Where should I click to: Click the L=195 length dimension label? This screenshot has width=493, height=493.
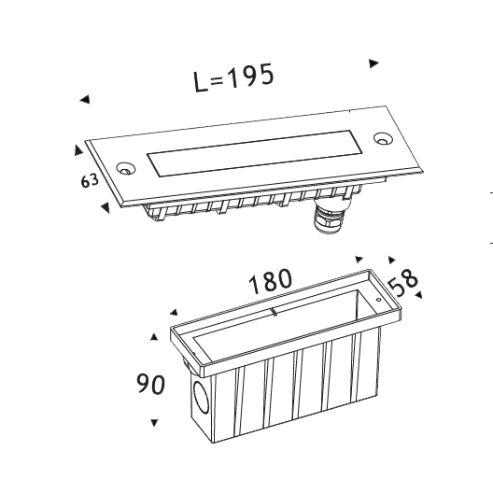(x=233, y=78)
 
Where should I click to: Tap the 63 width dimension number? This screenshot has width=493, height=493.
(x=90, y=180)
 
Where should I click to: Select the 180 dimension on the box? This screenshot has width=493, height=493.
(x=271, y=281)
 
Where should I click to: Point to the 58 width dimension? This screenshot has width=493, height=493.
(x=403, y=283)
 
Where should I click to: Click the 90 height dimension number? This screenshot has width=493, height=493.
(x=150, y=384)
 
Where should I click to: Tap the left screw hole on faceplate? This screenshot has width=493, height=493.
(x=125, y=168)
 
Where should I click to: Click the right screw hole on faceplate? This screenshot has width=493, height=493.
(x=383, y=138)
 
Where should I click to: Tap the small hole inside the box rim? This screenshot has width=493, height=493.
(x=378, y=300)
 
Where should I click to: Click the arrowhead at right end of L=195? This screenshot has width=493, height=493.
(x=373, y=63)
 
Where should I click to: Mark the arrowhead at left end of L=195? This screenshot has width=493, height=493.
(x=85, y=100)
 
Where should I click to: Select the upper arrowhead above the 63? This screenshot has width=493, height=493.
(x=78, y=150)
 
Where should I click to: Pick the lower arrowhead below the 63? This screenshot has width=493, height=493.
(x=106, y=207)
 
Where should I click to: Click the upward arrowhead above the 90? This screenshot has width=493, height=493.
(x=154, y=337)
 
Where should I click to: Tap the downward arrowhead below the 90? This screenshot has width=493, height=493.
(x=154, y=423)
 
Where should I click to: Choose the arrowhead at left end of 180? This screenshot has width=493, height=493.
(x=174, y=312)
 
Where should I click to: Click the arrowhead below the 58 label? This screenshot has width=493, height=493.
(x=419, y=295)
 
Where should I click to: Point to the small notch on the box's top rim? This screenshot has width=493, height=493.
(x=275, y=312)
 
